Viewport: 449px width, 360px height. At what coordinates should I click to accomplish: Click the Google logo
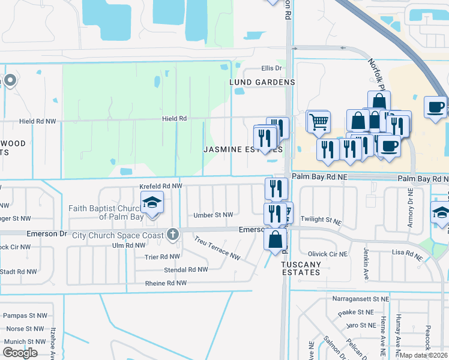20,353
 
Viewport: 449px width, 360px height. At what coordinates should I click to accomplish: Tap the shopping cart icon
318,122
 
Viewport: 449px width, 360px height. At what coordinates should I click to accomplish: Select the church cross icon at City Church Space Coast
173,235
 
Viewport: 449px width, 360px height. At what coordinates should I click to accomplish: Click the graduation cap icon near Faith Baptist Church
152,202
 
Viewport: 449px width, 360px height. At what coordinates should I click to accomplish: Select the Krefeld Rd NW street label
160,187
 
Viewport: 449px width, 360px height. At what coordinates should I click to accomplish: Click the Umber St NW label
213,215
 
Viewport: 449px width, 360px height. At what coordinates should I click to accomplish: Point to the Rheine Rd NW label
166,283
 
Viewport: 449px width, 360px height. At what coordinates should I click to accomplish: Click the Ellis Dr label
271,68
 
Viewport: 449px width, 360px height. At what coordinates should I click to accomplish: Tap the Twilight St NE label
324,220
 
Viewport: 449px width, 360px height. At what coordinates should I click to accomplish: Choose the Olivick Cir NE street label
328,254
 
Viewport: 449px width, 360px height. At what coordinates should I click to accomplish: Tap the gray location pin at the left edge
10,80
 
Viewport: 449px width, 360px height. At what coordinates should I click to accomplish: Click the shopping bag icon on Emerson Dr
274,239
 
